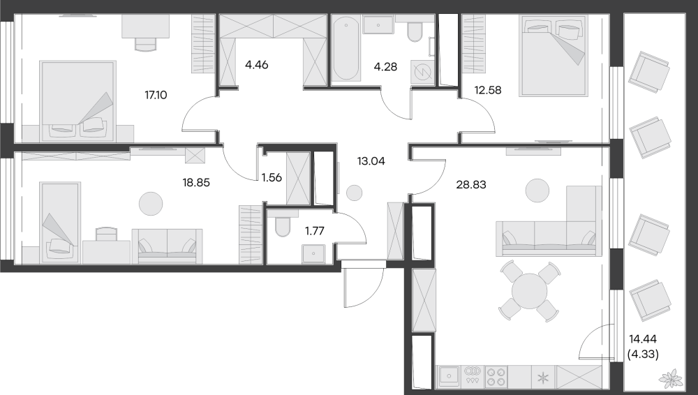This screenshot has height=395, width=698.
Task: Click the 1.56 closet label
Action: [x=272, y=177]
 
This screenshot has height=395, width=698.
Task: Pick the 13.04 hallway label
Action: [x=369, y=160]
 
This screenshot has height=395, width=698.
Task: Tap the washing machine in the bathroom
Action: [x=422, y=71]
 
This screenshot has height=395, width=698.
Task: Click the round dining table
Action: [x=529, y=289]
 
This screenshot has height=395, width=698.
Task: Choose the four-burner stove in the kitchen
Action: [x=496, y=376]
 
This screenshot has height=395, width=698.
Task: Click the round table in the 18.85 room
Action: [x=151, y=203]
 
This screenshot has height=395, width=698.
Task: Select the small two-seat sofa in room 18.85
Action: [x=167, y=246]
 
